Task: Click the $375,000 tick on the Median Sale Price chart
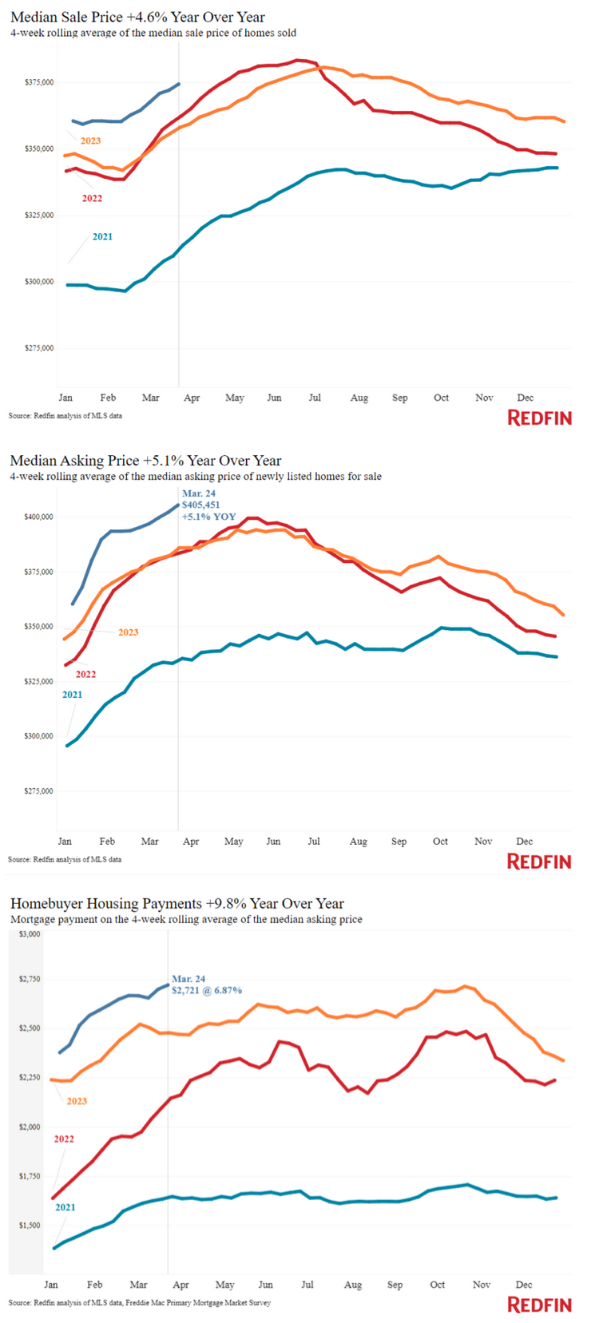tap(39, 82)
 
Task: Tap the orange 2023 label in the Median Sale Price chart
tap(90, 141)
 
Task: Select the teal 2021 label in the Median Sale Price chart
tap(102, 236)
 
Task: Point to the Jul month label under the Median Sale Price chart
tap(315, 398)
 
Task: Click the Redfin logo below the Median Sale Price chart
tap(540, 418)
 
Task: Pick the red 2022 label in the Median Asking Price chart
tap(85, 674)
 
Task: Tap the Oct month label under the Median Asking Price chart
tap(440, 841)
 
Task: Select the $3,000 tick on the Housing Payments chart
tap(30, 933)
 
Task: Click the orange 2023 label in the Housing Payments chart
tap(77, 1101)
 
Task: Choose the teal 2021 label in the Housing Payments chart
tap(65, 1207)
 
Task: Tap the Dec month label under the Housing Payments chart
tap(524, 1285)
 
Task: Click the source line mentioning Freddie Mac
tap(140, 1303)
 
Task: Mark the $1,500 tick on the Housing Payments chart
tap(30, 1225)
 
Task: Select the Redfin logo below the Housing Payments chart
tap(540, 1305)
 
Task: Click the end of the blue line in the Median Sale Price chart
tap(179, 83)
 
